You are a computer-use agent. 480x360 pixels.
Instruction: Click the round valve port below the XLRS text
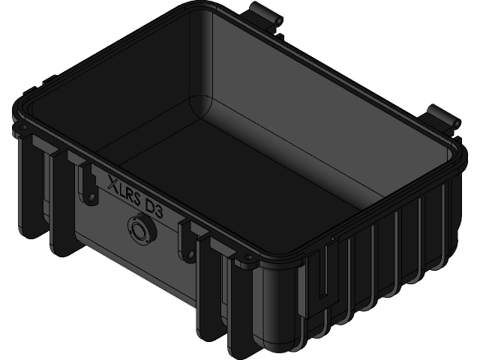tap(139, 229)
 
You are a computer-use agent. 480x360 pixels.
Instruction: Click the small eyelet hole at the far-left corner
tap(20, 131)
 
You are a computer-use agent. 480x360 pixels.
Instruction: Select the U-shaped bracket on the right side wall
tap(322, 270)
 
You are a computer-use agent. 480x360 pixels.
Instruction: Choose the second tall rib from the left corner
tap(60, 202)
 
